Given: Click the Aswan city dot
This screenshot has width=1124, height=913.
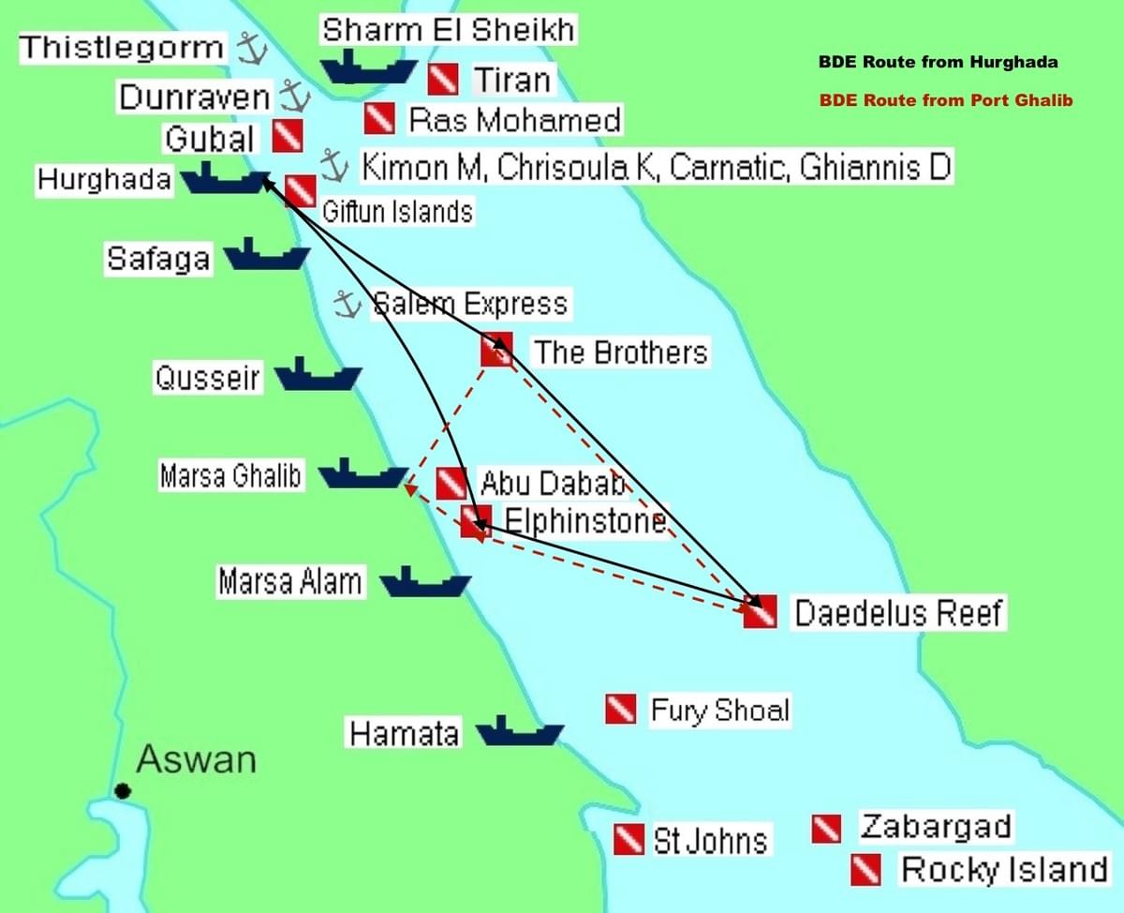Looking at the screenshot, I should point(123,791).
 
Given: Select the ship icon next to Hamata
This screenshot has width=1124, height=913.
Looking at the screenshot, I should point(519,730).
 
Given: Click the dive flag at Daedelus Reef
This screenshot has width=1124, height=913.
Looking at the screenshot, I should point(760,611).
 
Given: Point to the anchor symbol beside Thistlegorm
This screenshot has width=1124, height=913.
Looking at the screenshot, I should point(248,48).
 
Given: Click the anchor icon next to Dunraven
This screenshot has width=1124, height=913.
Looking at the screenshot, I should point(294,95).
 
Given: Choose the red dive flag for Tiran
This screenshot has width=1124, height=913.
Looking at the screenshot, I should point(443,80).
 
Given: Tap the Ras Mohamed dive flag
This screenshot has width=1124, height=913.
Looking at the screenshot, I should point(380,118).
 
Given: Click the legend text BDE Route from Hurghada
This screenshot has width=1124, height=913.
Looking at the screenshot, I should point(939,63).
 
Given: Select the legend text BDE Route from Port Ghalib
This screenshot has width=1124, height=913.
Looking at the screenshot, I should point(946,100).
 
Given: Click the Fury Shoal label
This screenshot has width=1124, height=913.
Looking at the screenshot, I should point(720,711).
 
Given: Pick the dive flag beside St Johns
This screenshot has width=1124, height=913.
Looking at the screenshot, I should point(629,839).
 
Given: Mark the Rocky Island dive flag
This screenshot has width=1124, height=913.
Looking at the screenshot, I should point(865,870).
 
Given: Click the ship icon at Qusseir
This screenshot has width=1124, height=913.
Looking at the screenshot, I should point(318,375).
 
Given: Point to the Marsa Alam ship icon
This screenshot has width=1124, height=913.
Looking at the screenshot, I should point(425,582).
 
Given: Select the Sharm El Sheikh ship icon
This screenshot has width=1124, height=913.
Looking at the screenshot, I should point(368,68).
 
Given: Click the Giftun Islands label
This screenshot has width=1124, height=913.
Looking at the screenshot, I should point(397,212).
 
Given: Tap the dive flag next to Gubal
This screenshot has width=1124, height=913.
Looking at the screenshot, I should point(288,137).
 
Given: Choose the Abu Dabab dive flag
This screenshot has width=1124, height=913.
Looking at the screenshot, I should point(451,484).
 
